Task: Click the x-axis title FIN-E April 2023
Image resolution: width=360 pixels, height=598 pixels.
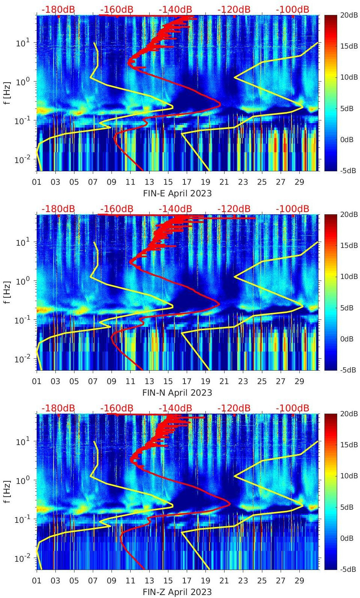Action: [177, 193]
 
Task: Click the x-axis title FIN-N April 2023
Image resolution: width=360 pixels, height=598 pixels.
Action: [177, 393]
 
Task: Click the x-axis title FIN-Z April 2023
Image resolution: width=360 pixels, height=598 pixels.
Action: [177, 592]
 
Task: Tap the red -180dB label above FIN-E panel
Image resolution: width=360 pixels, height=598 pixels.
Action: [58, 10]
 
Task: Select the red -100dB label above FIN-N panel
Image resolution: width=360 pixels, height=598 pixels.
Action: [292, 209]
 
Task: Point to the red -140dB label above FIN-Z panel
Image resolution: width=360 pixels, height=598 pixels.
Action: [175, 408]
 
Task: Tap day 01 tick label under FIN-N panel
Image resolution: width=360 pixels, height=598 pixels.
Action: [37, 381]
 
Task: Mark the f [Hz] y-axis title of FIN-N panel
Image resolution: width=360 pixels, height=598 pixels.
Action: [8, 292]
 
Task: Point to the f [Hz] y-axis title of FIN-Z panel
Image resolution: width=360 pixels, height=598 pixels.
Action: [8, 491]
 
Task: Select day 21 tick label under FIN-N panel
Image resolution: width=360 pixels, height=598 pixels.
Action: [224, 381]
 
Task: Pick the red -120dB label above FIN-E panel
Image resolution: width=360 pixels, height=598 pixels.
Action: [234, 10]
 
